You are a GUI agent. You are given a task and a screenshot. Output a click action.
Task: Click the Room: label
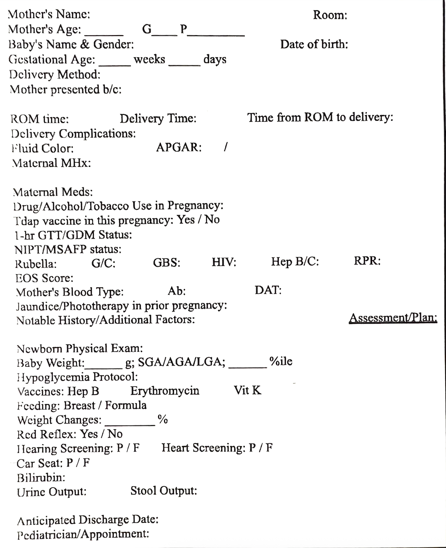330,15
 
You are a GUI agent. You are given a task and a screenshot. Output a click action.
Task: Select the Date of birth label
314,44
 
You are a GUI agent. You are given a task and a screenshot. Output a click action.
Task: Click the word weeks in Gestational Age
149,60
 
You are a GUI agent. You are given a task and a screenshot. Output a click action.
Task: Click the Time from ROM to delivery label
320,117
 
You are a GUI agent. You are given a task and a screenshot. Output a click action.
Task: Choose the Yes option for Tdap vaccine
186,220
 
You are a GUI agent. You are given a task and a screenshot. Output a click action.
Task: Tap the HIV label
224,263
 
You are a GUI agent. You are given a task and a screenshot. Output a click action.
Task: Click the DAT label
268,290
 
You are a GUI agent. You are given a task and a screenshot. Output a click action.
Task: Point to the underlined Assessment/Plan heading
393,318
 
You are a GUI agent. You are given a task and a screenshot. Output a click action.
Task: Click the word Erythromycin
165,391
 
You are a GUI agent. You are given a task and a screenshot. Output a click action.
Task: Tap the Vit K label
247,390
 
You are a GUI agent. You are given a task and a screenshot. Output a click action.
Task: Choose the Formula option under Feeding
125,405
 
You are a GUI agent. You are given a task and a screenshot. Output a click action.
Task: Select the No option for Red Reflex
115,434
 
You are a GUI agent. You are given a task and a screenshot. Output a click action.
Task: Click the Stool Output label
164,491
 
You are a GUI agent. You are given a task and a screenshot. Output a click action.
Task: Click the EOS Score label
44,278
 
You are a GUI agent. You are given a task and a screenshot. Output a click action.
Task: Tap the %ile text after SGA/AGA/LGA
281,362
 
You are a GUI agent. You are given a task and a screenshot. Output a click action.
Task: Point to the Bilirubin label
41,478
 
